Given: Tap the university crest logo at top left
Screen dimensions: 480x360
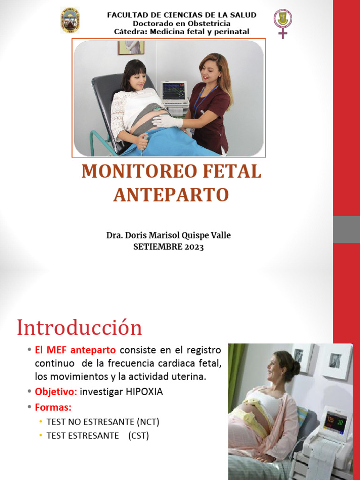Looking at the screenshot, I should click(x=70, y=20).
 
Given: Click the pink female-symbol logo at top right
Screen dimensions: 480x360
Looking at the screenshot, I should click(x=282, y=22).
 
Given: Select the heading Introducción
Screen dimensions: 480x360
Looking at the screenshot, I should click(x=79, y=327).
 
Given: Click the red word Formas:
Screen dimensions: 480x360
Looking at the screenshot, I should click(x=52, y=407).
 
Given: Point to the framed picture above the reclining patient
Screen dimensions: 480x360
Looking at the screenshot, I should click(x=131, y=47).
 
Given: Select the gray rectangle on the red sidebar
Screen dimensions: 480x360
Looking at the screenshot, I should click(x=346, y=229).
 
